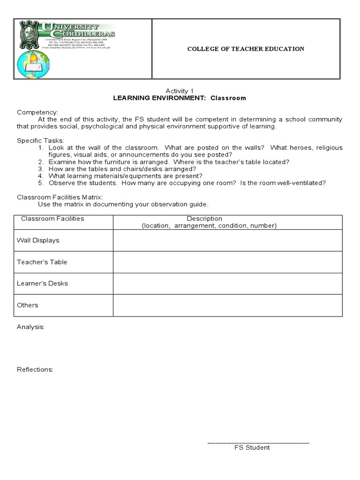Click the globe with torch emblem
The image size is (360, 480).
coord(33,64)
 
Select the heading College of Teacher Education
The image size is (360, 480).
coord(246,49)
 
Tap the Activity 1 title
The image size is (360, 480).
coord(179,90)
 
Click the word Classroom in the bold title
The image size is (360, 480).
coord(228,98)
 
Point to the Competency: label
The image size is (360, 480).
coord(37,112)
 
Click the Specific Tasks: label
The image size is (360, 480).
coord(41,140)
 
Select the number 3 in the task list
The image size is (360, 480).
coord(41,169)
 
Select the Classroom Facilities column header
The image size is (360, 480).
coord(52,218)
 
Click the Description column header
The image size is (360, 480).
coord(204,218)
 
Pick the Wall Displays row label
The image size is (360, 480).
coord(38,240)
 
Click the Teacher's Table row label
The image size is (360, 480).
coord(42,262)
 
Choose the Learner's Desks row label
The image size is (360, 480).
coord(42,284)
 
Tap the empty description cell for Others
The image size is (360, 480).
coord(227,305)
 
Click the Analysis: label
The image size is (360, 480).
coord(31,327)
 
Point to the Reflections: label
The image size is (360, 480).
coord(35,369)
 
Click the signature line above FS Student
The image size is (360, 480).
coord(258,442)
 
